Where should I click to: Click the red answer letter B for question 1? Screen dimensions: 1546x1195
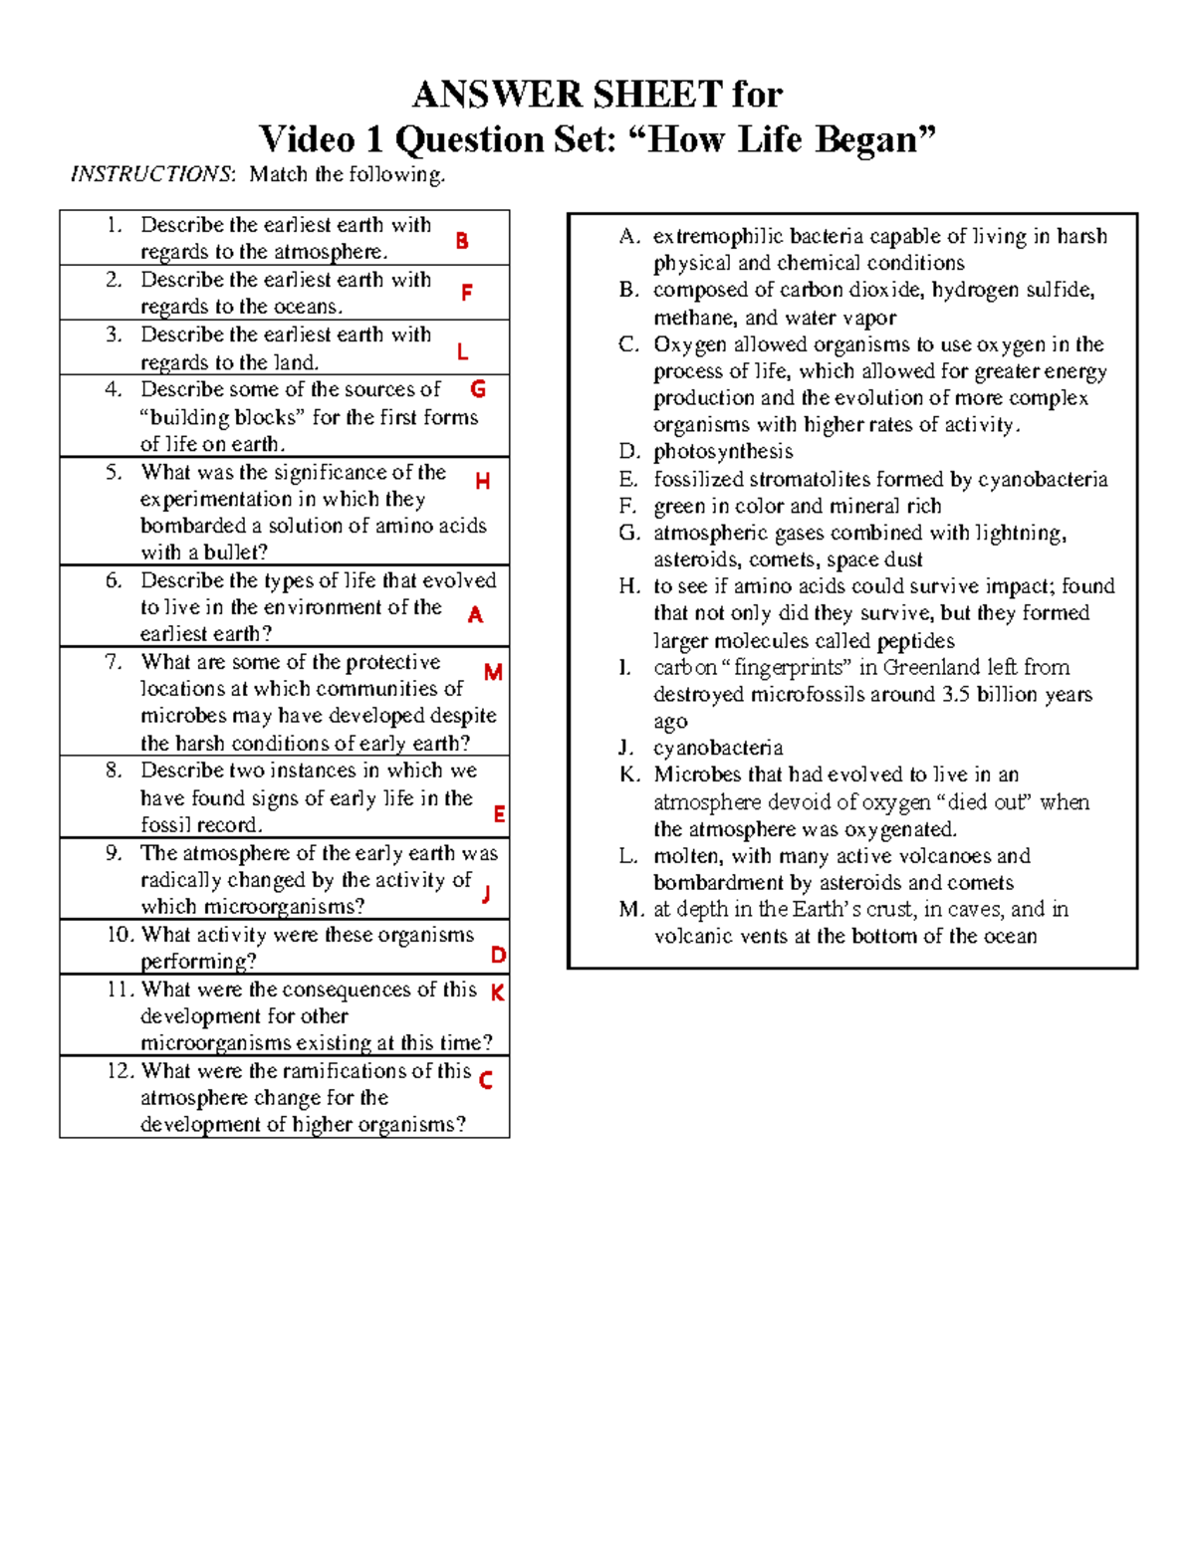tap(461, 241)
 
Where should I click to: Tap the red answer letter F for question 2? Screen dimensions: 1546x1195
tap(466, 293)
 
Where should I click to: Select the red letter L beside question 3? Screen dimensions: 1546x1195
tap(462, 352)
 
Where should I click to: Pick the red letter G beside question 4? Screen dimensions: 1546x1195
tap(478, 388)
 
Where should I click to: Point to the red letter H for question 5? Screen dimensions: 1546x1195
tap(483, 482)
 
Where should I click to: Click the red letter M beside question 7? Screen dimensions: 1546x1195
tap(492, 673)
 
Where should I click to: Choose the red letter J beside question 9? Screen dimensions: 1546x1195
tap(486, 894)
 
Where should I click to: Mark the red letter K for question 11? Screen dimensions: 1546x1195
tap(497, 993)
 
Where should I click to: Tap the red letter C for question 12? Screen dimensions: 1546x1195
tap(486, 1080)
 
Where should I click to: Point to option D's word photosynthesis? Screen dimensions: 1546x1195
tap(723, 452)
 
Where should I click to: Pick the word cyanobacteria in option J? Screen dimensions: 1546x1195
tap(718, 748)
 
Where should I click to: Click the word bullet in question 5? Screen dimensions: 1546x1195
tap(234, 552)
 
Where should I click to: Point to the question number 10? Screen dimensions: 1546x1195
tap(119, 935)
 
